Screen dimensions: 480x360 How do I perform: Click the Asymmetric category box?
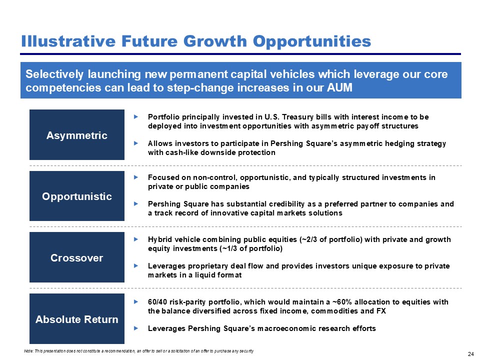coord(77,134)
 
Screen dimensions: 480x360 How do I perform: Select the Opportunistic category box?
coord(77,196)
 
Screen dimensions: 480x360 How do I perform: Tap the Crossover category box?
coord(77,257)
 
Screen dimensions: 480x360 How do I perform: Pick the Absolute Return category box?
coord(77,319)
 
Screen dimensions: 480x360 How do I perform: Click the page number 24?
coord(471,354)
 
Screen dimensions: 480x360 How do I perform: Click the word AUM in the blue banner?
coord(339,87)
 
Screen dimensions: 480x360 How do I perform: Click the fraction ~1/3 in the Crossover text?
coord(229,248)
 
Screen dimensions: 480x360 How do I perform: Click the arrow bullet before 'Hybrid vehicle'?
coord(136,239)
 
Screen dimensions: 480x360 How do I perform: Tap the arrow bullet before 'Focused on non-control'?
coord(136,177)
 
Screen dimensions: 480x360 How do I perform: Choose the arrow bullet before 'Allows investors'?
coord(136,143)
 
